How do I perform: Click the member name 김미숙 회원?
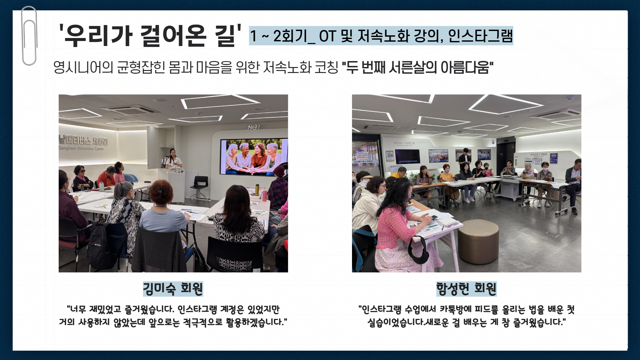(x=173, y=289)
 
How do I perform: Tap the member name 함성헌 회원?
(x=466, y=289)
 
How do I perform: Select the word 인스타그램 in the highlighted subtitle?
(x=480, y=36)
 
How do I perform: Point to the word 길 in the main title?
(x=226, y=35)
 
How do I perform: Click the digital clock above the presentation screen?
(x=253, y=127)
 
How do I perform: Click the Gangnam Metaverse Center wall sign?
(x=83, y=143)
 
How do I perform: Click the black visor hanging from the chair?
(x=418, y=248)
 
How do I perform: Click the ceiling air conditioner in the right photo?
(x=555, y=114)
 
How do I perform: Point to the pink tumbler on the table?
(x=264, y=195)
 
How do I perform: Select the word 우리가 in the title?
(x=98, y=35)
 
